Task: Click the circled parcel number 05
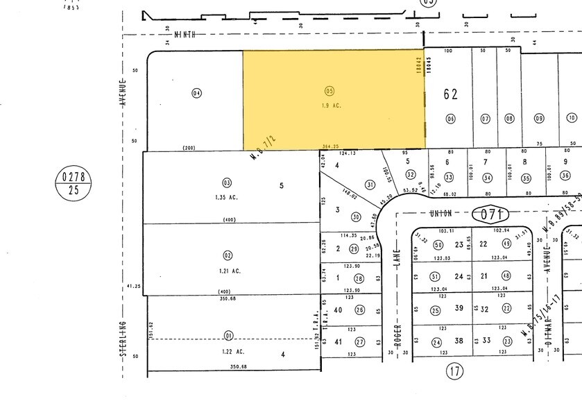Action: (329, 90)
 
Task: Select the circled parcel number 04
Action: (196, 93)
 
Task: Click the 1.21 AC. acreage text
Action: (226, 247)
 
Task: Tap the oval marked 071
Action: (490, 195)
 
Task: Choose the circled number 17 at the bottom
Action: (454, 372)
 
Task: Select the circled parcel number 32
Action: (411, 174)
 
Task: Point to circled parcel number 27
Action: (359, 342)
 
